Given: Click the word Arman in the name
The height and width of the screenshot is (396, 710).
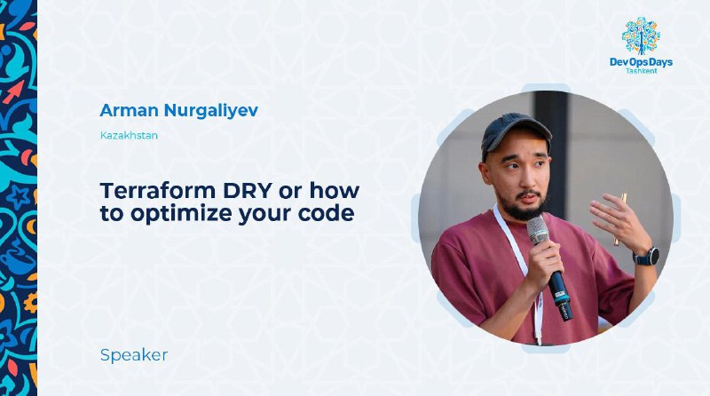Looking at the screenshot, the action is click(x=129, y=110).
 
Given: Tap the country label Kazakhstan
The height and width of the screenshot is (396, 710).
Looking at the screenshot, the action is click(x=129, y=136).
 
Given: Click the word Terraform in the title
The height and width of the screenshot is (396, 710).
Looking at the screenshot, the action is click(x=158, y=191).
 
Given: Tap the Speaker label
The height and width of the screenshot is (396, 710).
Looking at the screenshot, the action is click(x=134, y=355).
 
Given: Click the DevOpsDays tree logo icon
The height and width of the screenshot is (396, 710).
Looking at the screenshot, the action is click(x=641, y=36).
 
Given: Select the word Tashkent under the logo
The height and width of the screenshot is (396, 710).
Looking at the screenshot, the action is click(x=641, y=71).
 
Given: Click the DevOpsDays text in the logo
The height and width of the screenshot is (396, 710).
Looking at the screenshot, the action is click(x=641, y=62).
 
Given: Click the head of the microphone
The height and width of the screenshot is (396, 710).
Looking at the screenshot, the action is click(x=538, y=230).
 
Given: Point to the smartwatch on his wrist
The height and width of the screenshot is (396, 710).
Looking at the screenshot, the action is click(x=647, y=257).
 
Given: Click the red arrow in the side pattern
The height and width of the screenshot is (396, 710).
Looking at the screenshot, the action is click(x=14, y=92).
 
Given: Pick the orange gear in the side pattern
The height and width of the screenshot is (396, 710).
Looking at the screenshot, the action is click(x=31, y=303).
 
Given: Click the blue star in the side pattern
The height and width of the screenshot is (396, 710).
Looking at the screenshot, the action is click(x=18, y=198).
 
